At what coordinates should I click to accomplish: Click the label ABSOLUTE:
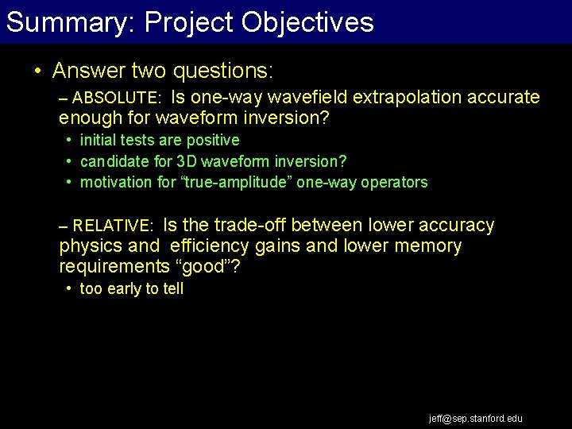tap(117, 99)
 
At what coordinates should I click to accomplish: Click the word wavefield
tap(308, 98)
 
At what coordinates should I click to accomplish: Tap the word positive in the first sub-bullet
tap(213, 141)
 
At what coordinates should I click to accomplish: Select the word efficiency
tap(210, 246)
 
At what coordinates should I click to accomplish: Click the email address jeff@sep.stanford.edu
tap(476, 419)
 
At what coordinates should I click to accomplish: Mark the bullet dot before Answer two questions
tap(38, 71)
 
